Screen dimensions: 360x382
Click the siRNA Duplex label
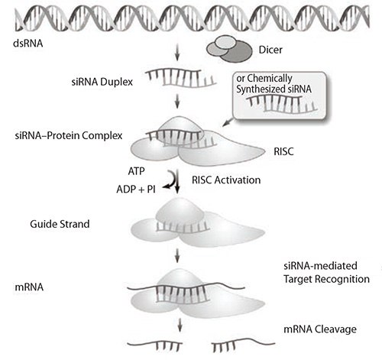click(x=99, y=79)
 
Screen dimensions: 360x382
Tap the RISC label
click(x=283, y=151)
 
